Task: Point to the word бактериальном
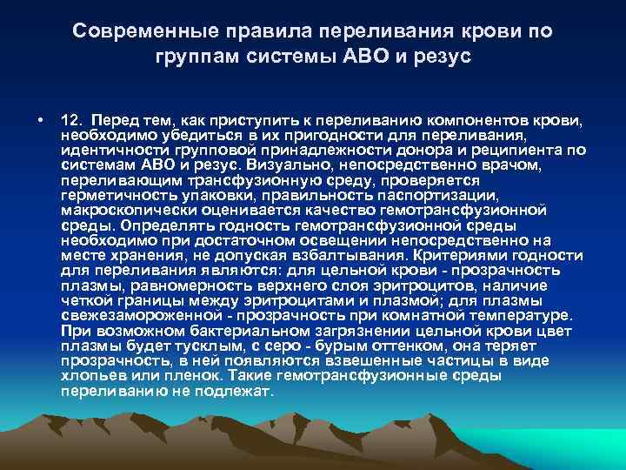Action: (x=215, y=331)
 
